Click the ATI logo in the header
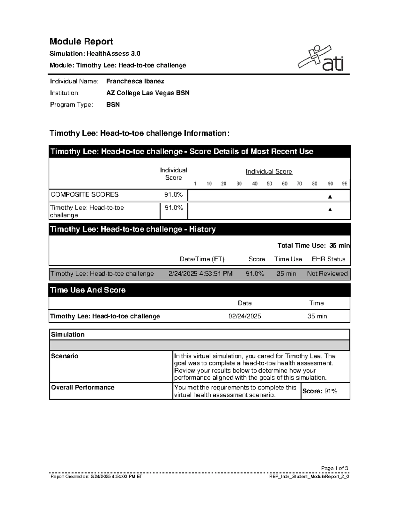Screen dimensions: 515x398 pyautogui.click(x=321, y=59)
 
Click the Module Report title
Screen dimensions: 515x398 pyautogui.click(x=81, y=41)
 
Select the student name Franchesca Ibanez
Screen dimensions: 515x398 pyautogui.click(x=135, y=81)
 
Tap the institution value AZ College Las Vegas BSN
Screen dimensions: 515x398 pyautogui.click(x=148, y=93)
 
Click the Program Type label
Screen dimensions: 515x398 pyautogui.click(x=71, y=105)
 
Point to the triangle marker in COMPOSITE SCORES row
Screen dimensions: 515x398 pyautogui.click(x=330, y=197)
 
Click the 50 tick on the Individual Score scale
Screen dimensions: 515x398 pyautogui.click(x=269, y=184)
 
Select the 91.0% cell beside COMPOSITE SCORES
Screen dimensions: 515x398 pyautogui.click(x=173, y=195)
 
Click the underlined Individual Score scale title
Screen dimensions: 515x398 pyautogui.click(x=269, y=171)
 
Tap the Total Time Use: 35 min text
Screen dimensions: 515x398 pyautogui.click(x=313, y=245)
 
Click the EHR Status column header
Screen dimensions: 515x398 pyautogui.click(x=328, y=259)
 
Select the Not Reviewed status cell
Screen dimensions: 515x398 pyautogui.click(x=327, y=274)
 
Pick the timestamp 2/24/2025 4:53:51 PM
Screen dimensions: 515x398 pyautogui.click(x=200, y=274)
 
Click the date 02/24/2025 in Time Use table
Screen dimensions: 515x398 pyautogui.click(x=244, y=316)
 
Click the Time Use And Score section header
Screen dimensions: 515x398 pyautogui.click(x=88, y=290)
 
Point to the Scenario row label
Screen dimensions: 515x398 pyautogui.click(x=65, y=356)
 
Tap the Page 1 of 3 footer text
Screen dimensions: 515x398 pyautogui.click(x=334, y=468)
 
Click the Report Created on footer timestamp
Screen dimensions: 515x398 pyautogui.click(x=96, y=477)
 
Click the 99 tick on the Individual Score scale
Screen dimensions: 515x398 pyautogui.click(x=345, y=184)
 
